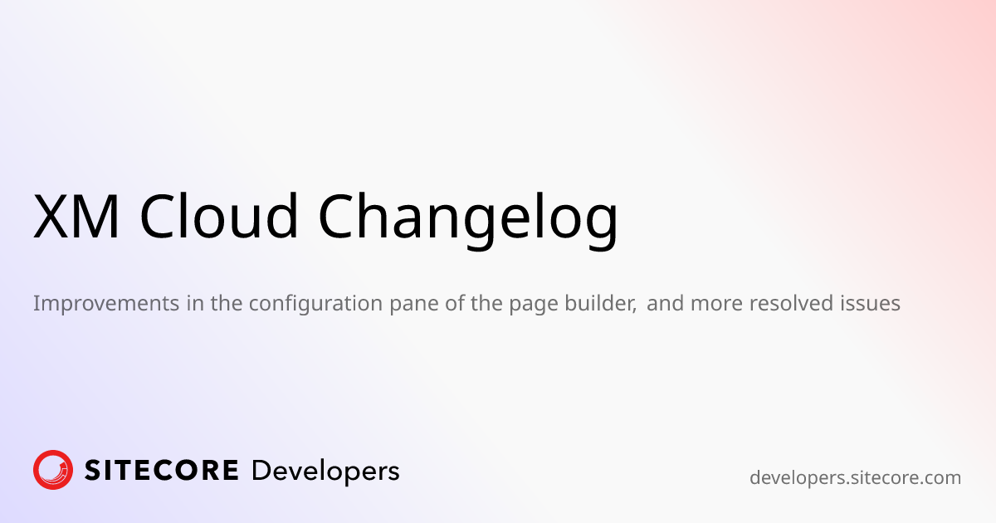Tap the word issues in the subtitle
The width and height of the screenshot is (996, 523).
[873, 304]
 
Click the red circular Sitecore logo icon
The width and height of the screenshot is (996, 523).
[53, 470]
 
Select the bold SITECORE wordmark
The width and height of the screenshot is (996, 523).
[162, 471]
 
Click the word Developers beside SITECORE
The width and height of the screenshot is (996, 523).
[325, 472]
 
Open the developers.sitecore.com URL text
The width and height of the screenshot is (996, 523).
[855, 478]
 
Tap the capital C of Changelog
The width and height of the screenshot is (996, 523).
[342, 217]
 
